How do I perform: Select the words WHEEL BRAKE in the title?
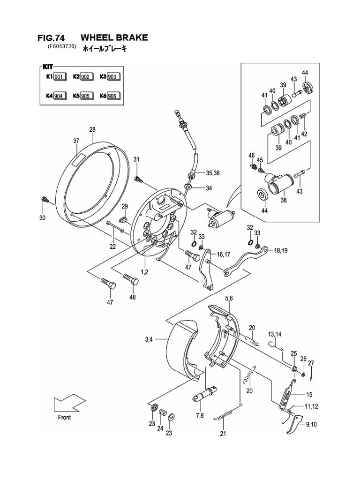(x=114, y=37)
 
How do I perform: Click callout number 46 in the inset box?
(x=251, y=155)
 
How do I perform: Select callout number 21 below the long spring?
(x=223, y=434)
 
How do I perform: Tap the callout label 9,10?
(x=311, y=425)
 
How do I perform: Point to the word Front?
(x=65, y=417)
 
